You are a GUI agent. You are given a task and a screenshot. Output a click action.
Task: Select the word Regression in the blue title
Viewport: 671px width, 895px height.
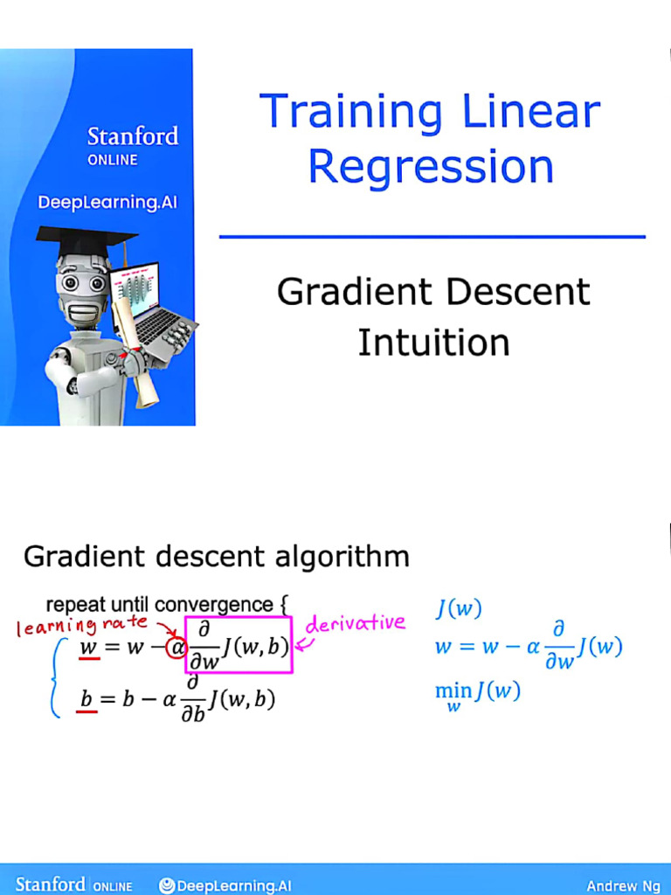click(431, 166)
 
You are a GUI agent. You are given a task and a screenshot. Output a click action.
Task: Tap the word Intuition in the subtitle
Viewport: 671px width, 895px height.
click(433, 342)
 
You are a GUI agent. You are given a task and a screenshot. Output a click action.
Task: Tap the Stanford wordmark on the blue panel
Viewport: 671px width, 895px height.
click(132, 136)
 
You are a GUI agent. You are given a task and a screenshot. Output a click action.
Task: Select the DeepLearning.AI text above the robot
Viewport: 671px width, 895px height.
click(107, 203)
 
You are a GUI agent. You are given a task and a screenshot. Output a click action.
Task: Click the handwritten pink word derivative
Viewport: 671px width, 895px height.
click(356, 623)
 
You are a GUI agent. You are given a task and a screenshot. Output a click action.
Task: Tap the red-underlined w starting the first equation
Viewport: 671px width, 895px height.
click(88, 648)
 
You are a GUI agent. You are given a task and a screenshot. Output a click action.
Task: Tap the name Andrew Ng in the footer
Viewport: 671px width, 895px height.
click(624, 885)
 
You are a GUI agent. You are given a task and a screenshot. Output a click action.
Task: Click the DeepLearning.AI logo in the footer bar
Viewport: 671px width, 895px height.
click(225, 885)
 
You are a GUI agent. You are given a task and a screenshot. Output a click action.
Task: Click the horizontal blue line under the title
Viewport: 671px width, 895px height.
click(432, 236)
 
